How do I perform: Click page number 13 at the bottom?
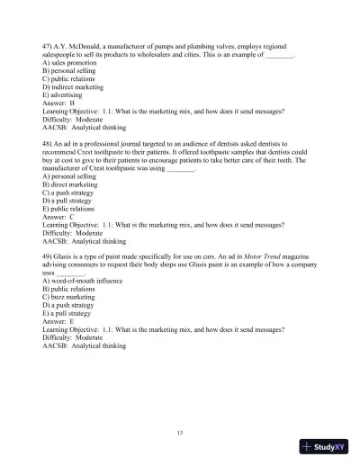click(x=180, y=434)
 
